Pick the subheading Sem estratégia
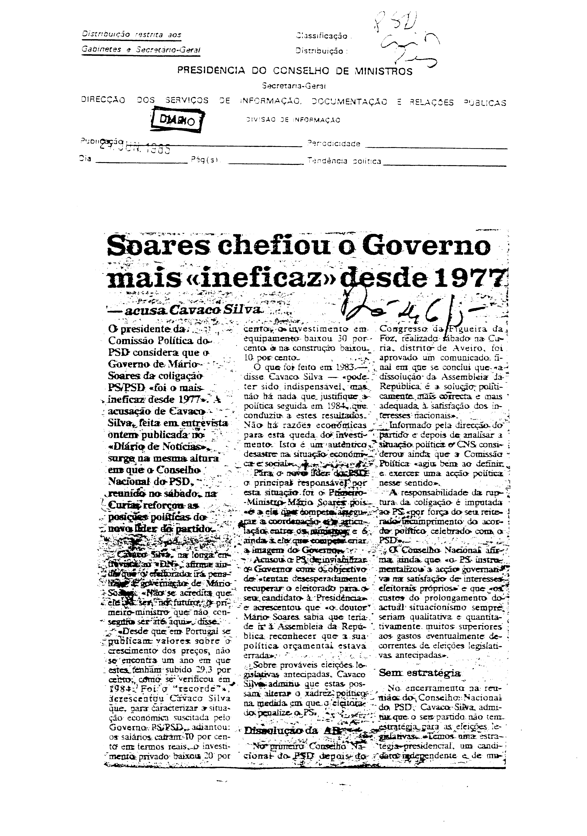click(x=420, y=673)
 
